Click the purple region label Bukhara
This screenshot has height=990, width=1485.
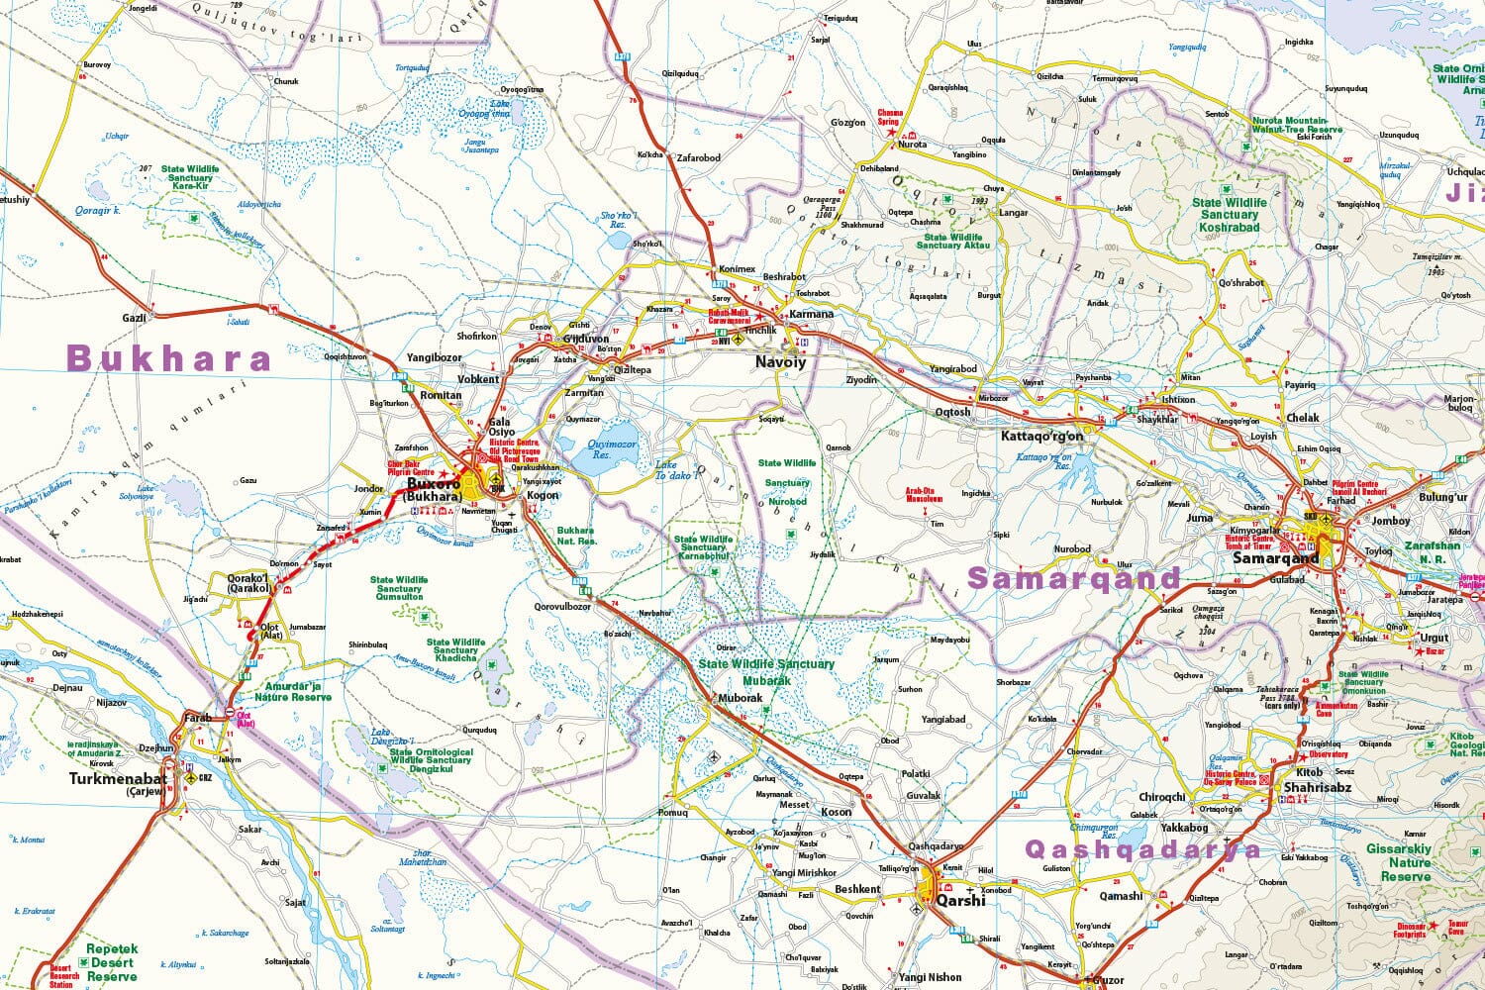point(168,358)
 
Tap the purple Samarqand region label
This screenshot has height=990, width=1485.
point(1074,578)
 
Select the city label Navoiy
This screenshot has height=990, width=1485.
point(780,362)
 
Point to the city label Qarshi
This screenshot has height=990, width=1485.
point(961,901)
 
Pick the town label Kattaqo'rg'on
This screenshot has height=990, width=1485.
point(1042,436)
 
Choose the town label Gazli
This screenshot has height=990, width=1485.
point(134,318)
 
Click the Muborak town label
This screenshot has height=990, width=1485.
point(740,698)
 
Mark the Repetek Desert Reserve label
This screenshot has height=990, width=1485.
point(112,962)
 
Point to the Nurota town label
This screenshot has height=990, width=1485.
point(912,145)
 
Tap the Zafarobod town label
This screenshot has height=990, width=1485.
point(698,157)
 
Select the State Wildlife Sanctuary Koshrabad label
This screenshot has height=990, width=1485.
point(1229,215)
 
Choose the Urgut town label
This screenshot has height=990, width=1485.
point(1434,639)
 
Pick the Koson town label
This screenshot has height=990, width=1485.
point(836,812)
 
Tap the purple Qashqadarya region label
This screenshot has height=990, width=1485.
point(1143,849)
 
